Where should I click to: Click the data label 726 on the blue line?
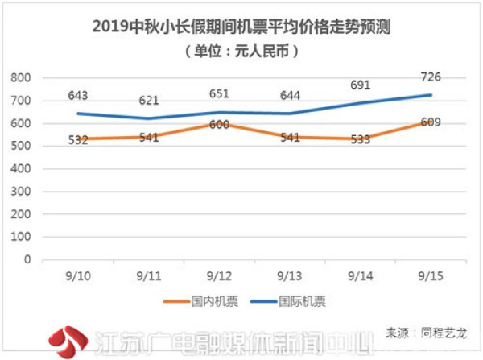coord(431,77)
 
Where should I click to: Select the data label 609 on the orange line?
coord(431,122)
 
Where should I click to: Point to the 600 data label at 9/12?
coord(219,124)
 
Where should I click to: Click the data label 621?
coord(148,101)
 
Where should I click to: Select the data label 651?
coord(220,93)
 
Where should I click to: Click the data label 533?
coord(361,139)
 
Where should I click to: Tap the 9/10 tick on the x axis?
coord(78,274)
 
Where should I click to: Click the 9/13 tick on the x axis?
coord(291,274)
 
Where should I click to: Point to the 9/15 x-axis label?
coord(431,274)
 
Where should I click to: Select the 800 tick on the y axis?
coord(21,78)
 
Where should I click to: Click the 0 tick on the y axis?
coord(26,260)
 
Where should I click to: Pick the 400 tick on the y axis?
coord(21,169)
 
